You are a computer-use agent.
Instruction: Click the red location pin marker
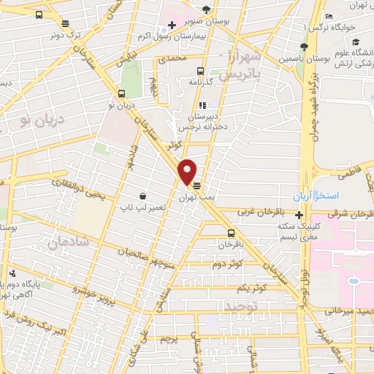pyautogui.click(x=188, y=172)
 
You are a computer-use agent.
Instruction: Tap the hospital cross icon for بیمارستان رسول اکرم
pyautogui.click(x=172, y=25)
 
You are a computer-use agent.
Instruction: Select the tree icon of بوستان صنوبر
pyautogui.click(x=207, y=9)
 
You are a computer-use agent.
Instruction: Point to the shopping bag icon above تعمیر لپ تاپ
pyautogui.click(x=142, y=196)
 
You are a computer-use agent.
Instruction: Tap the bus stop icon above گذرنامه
pyautogui.click(x=199, y=72)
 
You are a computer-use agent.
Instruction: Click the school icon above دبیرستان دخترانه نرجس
pyautogui.click(x=202, y=105)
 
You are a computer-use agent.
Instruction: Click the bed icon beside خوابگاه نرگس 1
pyautogui.click(x=329, y=16)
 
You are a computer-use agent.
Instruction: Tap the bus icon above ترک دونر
pyautogui.click(x=39, y=15)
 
